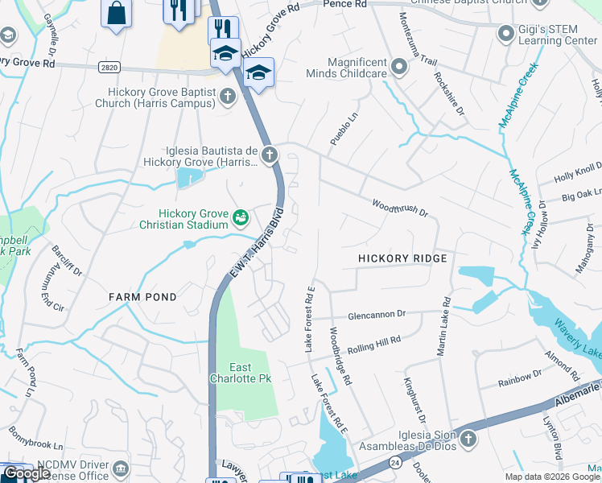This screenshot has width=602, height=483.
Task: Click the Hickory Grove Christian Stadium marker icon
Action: (240, 217)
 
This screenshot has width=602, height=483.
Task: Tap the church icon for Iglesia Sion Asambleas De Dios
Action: (468, 439)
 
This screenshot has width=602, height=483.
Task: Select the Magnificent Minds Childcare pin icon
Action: (398, 65)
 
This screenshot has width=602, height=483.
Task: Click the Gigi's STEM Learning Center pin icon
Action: (505, 33)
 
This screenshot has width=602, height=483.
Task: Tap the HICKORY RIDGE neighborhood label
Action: (402, 258)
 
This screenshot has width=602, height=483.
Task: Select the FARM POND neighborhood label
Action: (142, 297)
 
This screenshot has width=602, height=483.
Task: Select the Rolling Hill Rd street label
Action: (373, 345)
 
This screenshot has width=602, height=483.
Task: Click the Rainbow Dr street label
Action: (520, 376)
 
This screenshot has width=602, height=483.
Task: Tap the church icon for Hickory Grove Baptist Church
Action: (228, 97)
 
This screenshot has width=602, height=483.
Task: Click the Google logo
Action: (26, 473)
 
